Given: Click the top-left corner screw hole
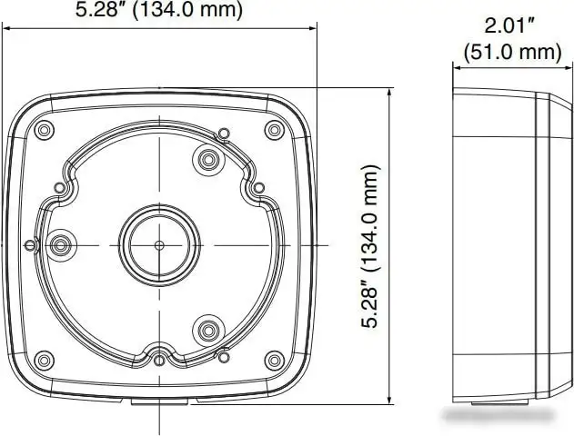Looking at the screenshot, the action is click(x=44, y=130).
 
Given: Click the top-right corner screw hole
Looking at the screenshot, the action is click(x=274, y=130).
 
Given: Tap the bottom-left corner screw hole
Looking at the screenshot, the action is click(x=44, y=361).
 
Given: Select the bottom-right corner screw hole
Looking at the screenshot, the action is click(x=274, y=361).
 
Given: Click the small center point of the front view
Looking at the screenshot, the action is click(x=159, y=245).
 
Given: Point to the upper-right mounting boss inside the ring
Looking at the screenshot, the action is click(x=208, y=160).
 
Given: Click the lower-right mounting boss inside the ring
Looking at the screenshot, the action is click(x=208, y=331).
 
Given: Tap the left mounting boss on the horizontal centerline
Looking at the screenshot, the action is click(x=61, y=245).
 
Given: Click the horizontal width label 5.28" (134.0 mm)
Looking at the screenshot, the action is click(x=159, y=9).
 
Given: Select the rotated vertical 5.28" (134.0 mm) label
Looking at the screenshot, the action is click(x=370, y=247).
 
